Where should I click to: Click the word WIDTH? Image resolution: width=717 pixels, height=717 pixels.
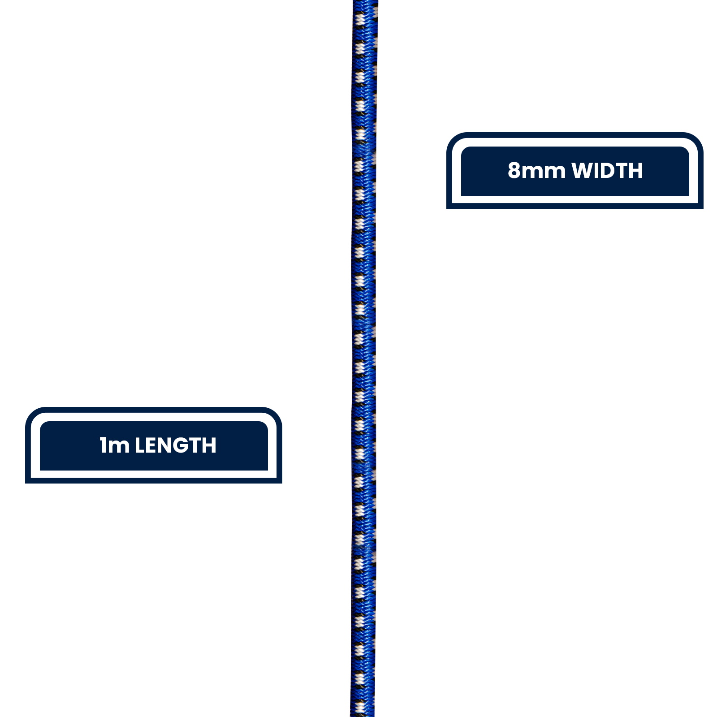(607, 171)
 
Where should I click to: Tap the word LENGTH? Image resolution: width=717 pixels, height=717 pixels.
(176, 445)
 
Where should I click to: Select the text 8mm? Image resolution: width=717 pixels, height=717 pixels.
(536, 171)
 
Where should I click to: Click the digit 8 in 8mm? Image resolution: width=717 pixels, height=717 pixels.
(514, 171)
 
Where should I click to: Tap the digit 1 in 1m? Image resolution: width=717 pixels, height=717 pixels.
(103, 445)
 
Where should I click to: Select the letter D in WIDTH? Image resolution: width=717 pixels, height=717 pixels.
(609, 171)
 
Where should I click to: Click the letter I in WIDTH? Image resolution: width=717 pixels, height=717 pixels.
(598, 171)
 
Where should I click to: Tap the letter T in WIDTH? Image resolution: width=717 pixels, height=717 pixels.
(623, 171)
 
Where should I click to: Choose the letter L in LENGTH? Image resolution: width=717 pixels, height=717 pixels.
(140, 445)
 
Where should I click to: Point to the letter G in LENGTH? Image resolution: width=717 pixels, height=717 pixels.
(183, 445)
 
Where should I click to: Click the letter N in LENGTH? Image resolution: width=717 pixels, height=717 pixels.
(166, 445)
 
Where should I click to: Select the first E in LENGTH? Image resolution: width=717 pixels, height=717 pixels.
(151, 445)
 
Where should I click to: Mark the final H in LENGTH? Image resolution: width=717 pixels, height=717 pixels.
(210, 445)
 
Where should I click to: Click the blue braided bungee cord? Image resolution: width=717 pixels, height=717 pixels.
(363, 358)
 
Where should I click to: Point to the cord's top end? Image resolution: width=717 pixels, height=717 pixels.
(365, 1)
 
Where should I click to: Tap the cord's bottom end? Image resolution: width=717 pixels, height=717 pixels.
(362, 716)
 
